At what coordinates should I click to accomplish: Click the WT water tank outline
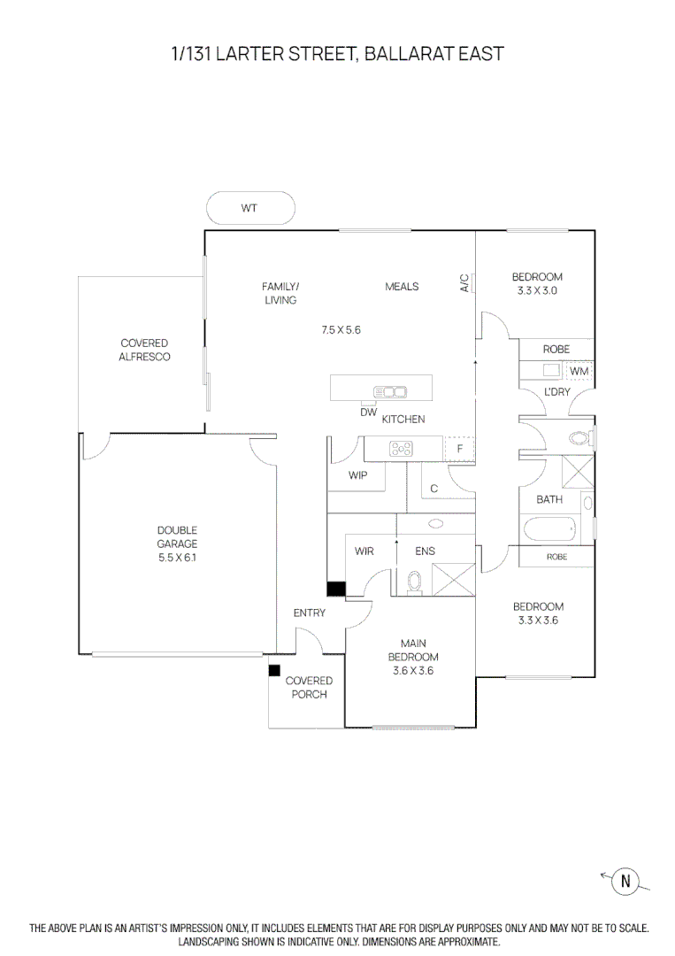[x=250, y=209]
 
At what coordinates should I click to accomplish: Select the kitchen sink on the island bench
[x=389, y=390]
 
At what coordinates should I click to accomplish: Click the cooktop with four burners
[x=402, y=449]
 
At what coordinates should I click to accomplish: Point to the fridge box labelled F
[x=459, y=450]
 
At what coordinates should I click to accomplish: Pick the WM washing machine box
[x=579, y=371]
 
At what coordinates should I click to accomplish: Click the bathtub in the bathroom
[x=549, y=531]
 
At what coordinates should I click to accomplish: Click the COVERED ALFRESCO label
[x=144, y=350]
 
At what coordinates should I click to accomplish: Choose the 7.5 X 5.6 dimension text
[x=341, y=329]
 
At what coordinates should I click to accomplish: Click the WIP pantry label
[x=357, y=475]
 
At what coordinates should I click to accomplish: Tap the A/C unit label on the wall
[x=464, y=282]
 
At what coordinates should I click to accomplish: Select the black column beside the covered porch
[x=274, y=671]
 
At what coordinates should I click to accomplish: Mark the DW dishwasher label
[x=368, y=412]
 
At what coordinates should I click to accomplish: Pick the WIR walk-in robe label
[x=364, y=551]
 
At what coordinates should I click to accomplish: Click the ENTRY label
[x=310, y=613]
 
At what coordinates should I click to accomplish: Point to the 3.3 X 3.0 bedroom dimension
[x=538, y=290]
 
